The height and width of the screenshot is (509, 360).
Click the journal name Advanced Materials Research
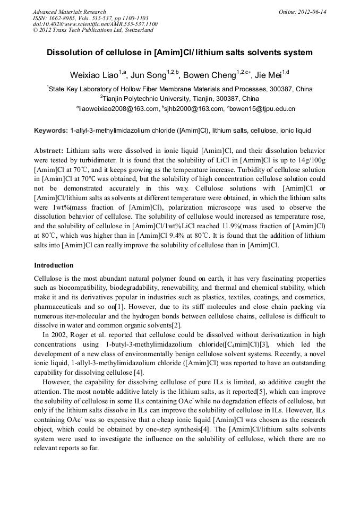pos(69,12)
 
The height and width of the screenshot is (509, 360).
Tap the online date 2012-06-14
pos(312,12)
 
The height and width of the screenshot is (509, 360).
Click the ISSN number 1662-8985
pos(63,18)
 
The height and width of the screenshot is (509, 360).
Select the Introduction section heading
pos(54,265)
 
